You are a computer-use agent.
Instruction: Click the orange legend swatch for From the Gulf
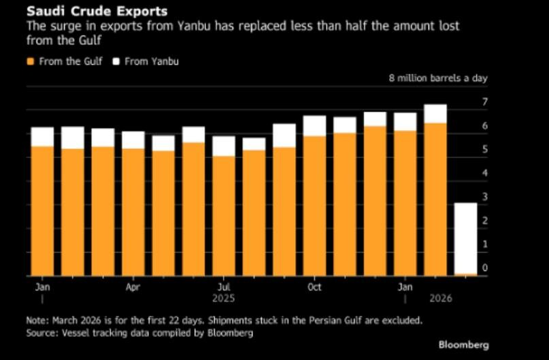click(x=29, y=62)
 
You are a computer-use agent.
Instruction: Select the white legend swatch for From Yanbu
click(x=116, y=62)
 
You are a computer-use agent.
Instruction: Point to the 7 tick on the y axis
click(x=485, y=102)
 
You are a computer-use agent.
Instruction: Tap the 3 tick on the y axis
click(x=485, y=197)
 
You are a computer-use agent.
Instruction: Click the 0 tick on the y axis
click(x=485, y=269)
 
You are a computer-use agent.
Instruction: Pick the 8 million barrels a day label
click(x=437, y=78)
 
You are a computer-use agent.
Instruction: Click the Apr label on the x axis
click(x=133, y=287)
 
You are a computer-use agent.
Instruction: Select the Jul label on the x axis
click(x=223, y=287)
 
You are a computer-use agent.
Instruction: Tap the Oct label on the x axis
click(x=314, y=287)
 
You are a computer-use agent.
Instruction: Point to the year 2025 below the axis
click(x=224, y=299)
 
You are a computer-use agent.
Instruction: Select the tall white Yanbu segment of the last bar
click(x=465, y=238)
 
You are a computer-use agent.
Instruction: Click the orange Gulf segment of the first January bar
click(x=42, y=211)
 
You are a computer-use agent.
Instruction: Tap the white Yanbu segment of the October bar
click(x=314, y=125)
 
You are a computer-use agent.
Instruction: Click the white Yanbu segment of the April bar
click(x=133, y=140)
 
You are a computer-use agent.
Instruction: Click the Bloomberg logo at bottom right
click(x=463, y=344)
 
